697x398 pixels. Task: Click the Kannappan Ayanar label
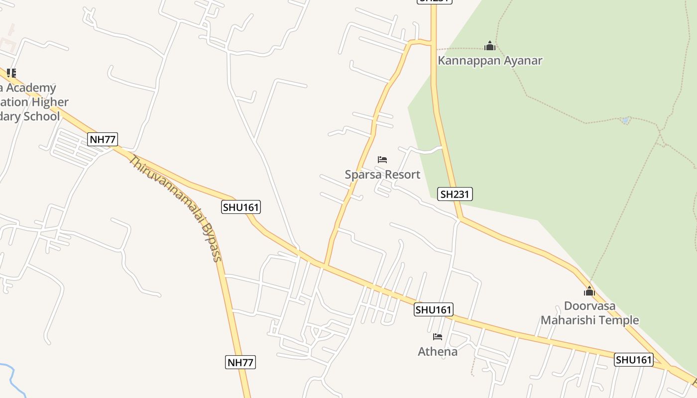tap(490, 61)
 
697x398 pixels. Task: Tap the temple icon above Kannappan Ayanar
tap(490, 46)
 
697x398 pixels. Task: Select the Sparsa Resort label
tap(382, 175)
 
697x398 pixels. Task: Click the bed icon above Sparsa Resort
tap(382, 160)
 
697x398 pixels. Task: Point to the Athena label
tap(438, 352)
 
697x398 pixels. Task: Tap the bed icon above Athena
tap(438, 337)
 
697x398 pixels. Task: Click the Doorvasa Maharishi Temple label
tap(589, 313)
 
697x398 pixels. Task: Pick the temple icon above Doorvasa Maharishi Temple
tap(589, 291)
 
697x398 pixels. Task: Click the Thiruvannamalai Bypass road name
tap(175, 207)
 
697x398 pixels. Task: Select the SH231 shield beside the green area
tap(455, 194)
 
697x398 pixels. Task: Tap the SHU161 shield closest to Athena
tap(434, 310)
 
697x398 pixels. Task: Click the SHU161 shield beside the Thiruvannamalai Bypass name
tap(241, 207)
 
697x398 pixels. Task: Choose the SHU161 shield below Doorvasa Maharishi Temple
tap(633, 360)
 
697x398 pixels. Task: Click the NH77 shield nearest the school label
tap(103, 139)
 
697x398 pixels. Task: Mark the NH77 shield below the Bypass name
tap(240, 362)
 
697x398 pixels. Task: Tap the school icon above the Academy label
tap(11, 73)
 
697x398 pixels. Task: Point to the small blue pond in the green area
tap(625, 120)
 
